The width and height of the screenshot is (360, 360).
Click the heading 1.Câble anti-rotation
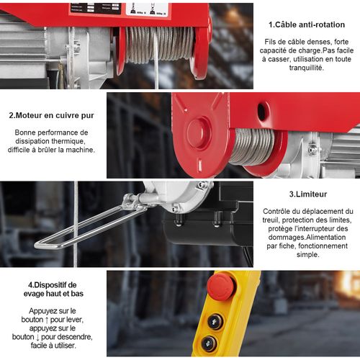(x=307, y=24)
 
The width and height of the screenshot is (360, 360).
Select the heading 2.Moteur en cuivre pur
(x=51, y=115)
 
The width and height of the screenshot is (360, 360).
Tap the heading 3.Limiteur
(x=308, y=194)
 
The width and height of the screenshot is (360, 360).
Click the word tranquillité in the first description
(x=307, y=68)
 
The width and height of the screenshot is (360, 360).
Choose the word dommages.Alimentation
(x=307, y=237)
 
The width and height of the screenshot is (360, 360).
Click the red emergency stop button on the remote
(x=222, y=287)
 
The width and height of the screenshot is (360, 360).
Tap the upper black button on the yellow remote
(x=215, y=322)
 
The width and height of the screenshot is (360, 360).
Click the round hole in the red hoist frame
(x=262, y=112)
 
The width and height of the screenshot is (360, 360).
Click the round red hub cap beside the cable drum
(x=199, y=132)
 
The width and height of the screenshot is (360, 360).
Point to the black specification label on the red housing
(x=96, y=8)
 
